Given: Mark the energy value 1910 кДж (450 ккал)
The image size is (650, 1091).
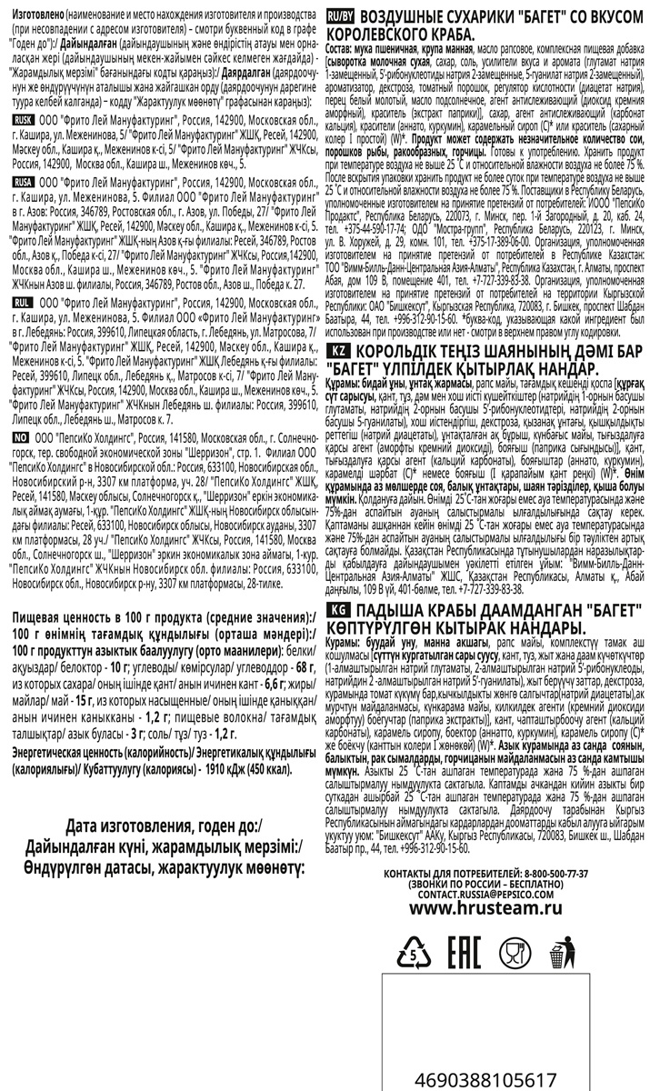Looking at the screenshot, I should coord(245,716).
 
